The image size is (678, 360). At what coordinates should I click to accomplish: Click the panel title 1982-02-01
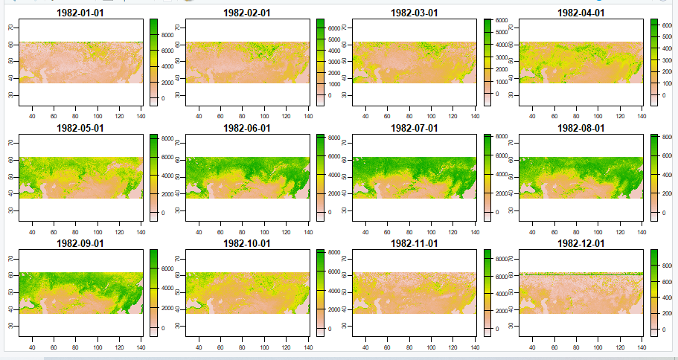pyautogui.click(x=248, y=13)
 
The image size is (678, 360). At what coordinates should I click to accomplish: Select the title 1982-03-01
pyautogui.click(x=414, y=13)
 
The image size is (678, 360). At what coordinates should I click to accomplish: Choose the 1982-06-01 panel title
pyautogui.click(x=248, y=128)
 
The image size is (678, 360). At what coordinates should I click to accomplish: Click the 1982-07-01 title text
pyautogui.click(x=414, y=128)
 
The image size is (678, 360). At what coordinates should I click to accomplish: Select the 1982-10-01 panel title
pyautogui.click(x=248, y=243)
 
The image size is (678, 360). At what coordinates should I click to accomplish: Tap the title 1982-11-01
pyautogui.click(x=414, y=243)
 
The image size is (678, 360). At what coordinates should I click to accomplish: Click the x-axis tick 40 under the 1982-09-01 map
pyautogui.click(x=31, y=347)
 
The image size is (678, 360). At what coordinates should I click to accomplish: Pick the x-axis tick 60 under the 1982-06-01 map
pyautogui.click(x=220, y=231)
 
